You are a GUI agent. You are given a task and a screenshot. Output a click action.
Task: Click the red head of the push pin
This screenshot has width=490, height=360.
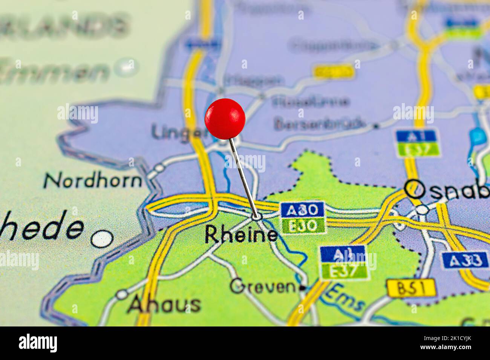click(225, 119)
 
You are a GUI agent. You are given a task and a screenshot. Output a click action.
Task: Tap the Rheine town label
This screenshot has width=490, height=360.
click(241, 235)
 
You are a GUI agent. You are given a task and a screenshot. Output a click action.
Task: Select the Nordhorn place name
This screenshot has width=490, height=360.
click(93, 181)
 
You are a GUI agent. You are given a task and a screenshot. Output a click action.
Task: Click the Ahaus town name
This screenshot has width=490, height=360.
click(164, 304)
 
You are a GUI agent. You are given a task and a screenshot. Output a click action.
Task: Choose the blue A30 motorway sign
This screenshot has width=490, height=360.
click(302, 210)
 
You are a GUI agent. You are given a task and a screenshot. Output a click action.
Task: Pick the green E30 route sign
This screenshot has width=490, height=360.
click(303, 226)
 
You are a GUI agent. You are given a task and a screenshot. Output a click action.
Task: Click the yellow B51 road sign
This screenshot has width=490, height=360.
click(411, 288)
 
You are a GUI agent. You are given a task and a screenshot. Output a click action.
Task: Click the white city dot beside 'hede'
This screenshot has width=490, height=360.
click(102, 238)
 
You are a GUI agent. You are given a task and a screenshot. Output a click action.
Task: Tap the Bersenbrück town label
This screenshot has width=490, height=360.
click(320, 124)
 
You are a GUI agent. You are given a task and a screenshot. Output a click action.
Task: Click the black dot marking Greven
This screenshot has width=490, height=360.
click(302, 288)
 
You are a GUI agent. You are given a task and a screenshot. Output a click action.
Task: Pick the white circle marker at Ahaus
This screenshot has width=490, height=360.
click(121, 294)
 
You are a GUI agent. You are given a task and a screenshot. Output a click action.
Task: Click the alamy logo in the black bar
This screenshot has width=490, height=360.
click(38, 343)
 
